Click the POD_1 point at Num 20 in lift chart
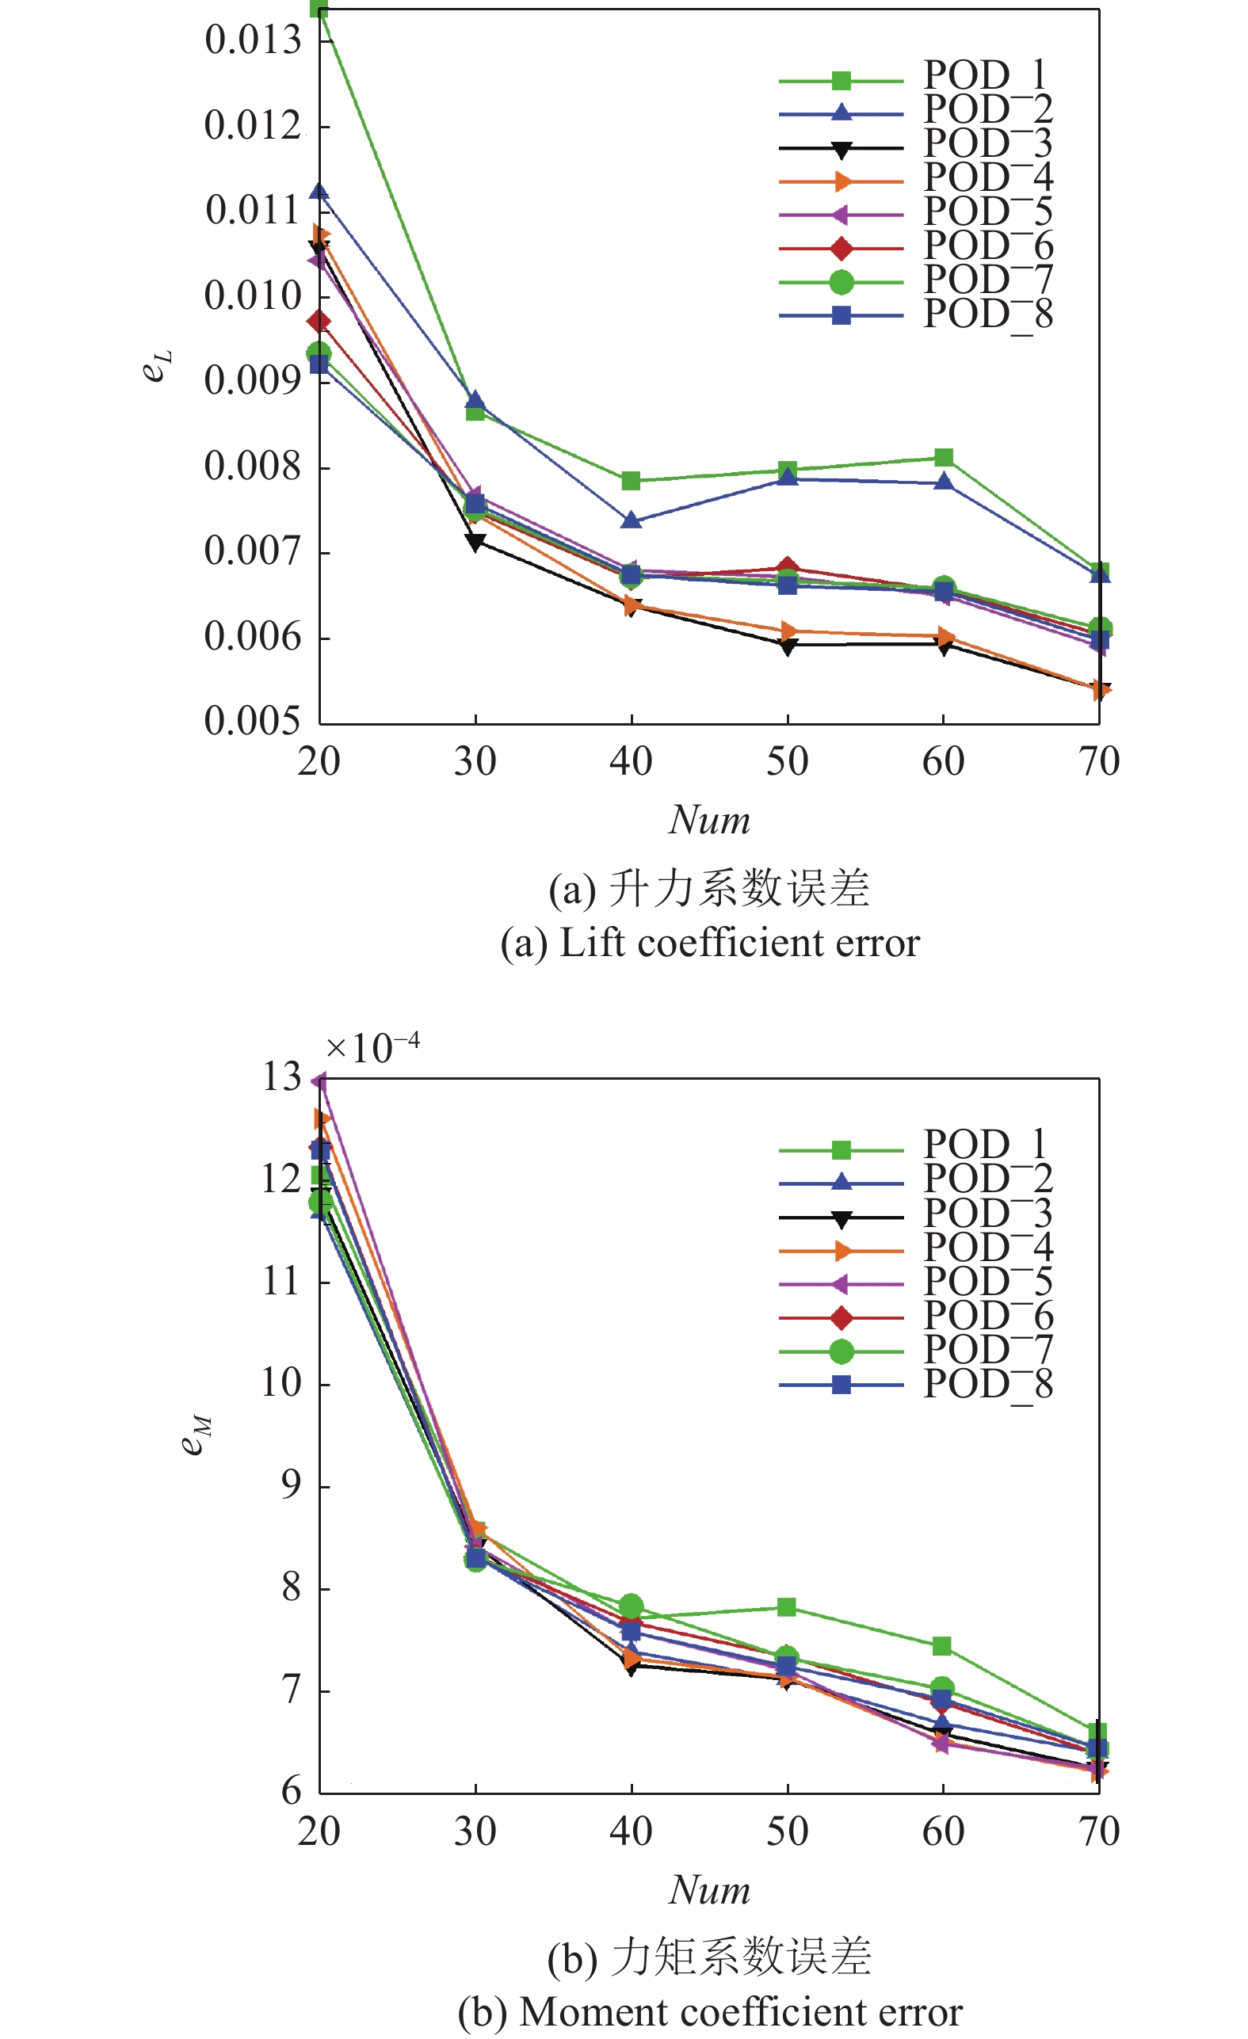point(319,9)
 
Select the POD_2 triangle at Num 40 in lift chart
point(632,520)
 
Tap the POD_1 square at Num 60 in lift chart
point(944,458)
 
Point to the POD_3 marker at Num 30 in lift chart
point(475,543)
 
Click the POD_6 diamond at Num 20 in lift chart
point(319,321)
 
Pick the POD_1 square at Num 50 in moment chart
point(787,1607)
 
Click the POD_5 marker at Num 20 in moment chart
point(319,1081)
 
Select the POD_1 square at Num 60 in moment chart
point(942,1646)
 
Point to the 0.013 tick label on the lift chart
point(253,40)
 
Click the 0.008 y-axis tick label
point(253,466)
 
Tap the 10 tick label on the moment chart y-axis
point(281,1382)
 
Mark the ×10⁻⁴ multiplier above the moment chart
point(372,1049)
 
